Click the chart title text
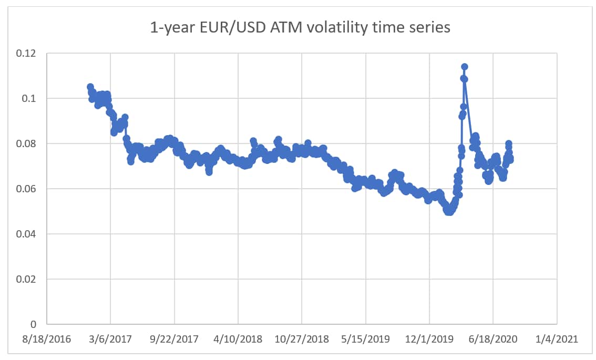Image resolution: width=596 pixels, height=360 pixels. tap(300, 27)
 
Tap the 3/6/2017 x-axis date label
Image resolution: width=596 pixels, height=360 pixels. tap(111, 340)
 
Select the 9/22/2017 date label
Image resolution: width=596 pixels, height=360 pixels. tap(174, 340)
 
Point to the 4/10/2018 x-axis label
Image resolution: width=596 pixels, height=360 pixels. tap(238, 340)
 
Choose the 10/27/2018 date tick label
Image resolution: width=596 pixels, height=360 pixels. tap(302, 340)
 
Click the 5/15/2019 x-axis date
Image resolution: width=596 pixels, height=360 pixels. tap(366, 340)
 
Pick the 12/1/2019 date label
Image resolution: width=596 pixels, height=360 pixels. tap(429, 340)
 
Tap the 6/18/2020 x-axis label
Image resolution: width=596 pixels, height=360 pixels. tap(493, 340)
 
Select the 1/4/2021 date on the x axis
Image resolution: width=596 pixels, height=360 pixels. tap(557, 340)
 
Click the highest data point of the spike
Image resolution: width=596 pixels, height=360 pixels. tap(465, 67)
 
